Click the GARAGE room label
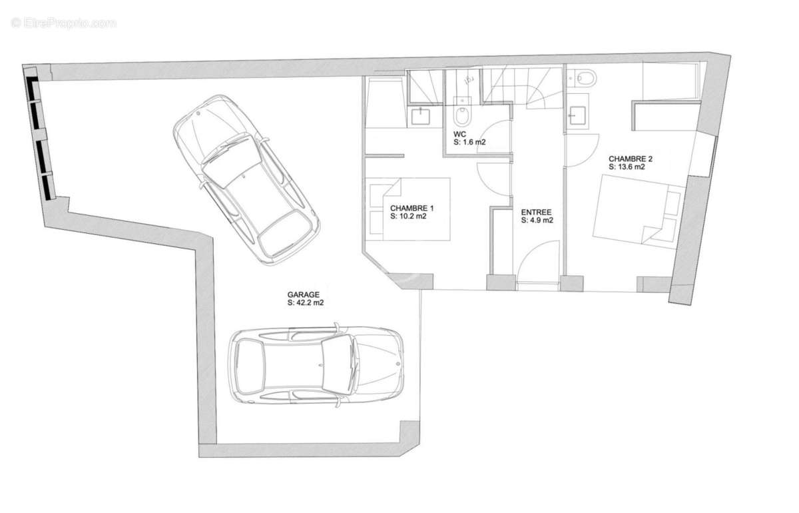point(303,294)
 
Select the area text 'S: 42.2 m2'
point(306,302)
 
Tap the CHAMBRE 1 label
point(412,208)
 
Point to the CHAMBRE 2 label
point(631,159)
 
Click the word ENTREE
point(536,213)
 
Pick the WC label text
point(460,134)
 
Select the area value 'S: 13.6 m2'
point(627,167)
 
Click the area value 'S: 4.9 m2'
point(537,221)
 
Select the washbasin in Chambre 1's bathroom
point(421,116)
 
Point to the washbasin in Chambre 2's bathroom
point(577,115)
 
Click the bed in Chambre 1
point(410,209)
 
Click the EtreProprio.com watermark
point(63,23)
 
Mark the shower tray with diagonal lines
point(425,87)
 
